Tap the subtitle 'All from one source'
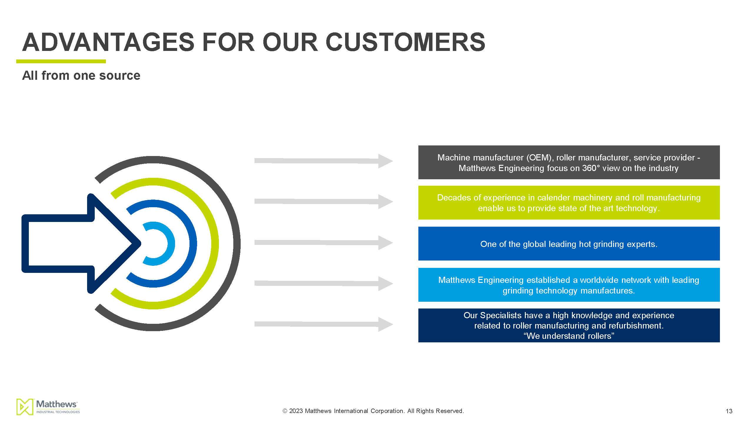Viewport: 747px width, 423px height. pos(81,76)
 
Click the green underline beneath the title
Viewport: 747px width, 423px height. pos(61,62)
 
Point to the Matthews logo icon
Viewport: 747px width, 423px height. pos(25,407)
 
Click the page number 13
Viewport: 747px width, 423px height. pos(729,411)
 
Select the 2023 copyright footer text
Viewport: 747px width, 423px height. pos(373,411)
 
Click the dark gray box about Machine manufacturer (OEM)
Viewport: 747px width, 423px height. pos(569,162)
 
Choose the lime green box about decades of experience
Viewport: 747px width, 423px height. pos(569,203)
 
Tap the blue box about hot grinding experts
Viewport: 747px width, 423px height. pos(569,243)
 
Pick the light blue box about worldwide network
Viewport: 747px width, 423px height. pos(569,285)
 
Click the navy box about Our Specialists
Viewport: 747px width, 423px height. pos(569,325)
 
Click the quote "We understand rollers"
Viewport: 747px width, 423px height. pos(569,336)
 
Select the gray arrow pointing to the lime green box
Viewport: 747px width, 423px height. pos(324,202)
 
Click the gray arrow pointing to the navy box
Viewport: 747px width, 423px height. pos(324,324)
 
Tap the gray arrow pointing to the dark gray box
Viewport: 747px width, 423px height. pos(324,161)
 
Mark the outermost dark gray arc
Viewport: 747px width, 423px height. pos(237,243)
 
